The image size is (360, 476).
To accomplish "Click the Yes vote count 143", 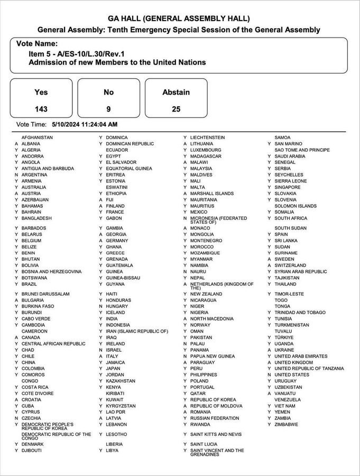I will click(41, 109).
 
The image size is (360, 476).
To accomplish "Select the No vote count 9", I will click(108, 109).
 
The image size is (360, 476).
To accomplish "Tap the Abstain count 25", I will click(176, 109).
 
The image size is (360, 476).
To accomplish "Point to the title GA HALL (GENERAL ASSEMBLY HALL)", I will click(179, 19).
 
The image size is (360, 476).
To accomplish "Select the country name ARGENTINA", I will click(34, 175).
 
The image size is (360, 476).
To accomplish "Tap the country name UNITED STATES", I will click(292, 374).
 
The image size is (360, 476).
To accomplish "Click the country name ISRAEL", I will click(114, 350).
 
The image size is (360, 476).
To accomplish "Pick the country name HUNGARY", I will click(117, 306).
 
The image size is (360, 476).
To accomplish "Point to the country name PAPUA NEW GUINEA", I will click(213, 356).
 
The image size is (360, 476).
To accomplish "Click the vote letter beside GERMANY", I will click(100, 241).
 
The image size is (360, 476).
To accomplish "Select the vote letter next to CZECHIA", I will click(16, 418).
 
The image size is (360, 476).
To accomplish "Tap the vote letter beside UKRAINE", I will click(269, 350).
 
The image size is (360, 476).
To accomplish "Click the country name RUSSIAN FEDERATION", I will click(215, 418).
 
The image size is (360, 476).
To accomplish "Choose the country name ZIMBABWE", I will click(287, 424).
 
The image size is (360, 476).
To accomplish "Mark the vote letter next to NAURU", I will click(185, 272).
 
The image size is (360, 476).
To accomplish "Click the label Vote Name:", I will click(37, 44).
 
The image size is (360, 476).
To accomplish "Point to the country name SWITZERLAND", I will click(290, 266).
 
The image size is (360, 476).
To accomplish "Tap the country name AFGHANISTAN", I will click(37, 138).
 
